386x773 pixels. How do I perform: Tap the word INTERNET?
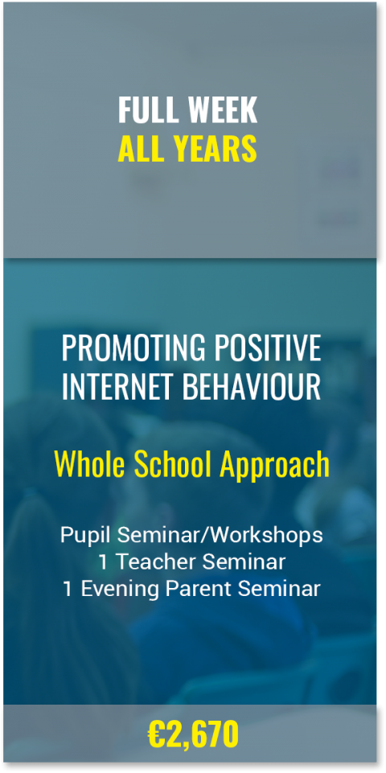117,387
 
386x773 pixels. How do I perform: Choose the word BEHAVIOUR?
252,387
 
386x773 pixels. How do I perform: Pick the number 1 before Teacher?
104,562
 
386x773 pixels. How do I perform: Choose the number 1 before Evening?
68,589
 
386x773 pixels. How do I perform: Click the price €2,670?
193,734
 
